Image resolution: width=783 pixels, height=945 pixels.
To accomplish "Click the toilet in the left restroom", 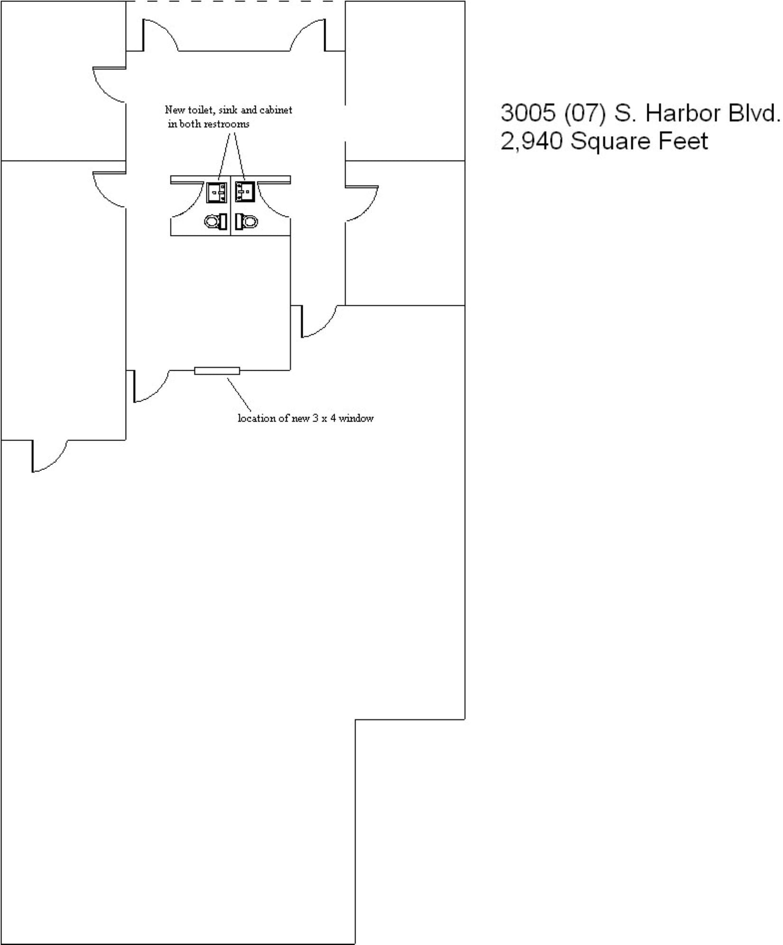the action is [x=216, y=222].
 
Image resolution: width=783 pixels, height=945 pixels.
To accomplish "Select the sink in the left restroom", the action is [x=216, y=193].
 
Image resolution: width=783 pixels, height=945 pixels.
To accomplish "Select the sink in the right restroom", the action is [x=245, y=191].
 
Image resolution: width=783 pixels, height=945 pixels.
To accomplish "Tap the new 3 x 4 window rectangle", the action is [x=217, y=371].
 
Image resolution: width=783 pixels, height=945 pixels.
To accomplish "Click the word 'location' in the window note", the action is [x=257, y=419].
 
